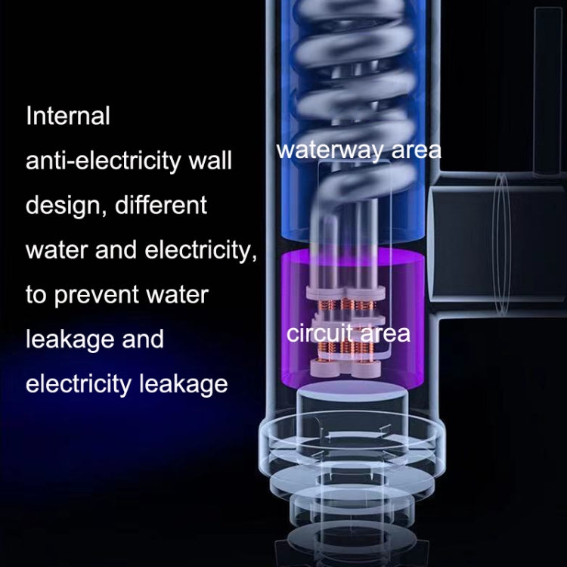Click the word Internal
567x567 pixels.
68,116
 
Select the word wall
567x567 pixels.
209,160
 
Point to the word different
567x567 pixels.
160,204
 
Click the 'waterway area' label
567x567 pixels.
358,149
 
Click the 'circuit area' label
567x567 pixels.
349,333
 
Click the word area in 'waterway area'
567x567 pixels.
415,149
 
